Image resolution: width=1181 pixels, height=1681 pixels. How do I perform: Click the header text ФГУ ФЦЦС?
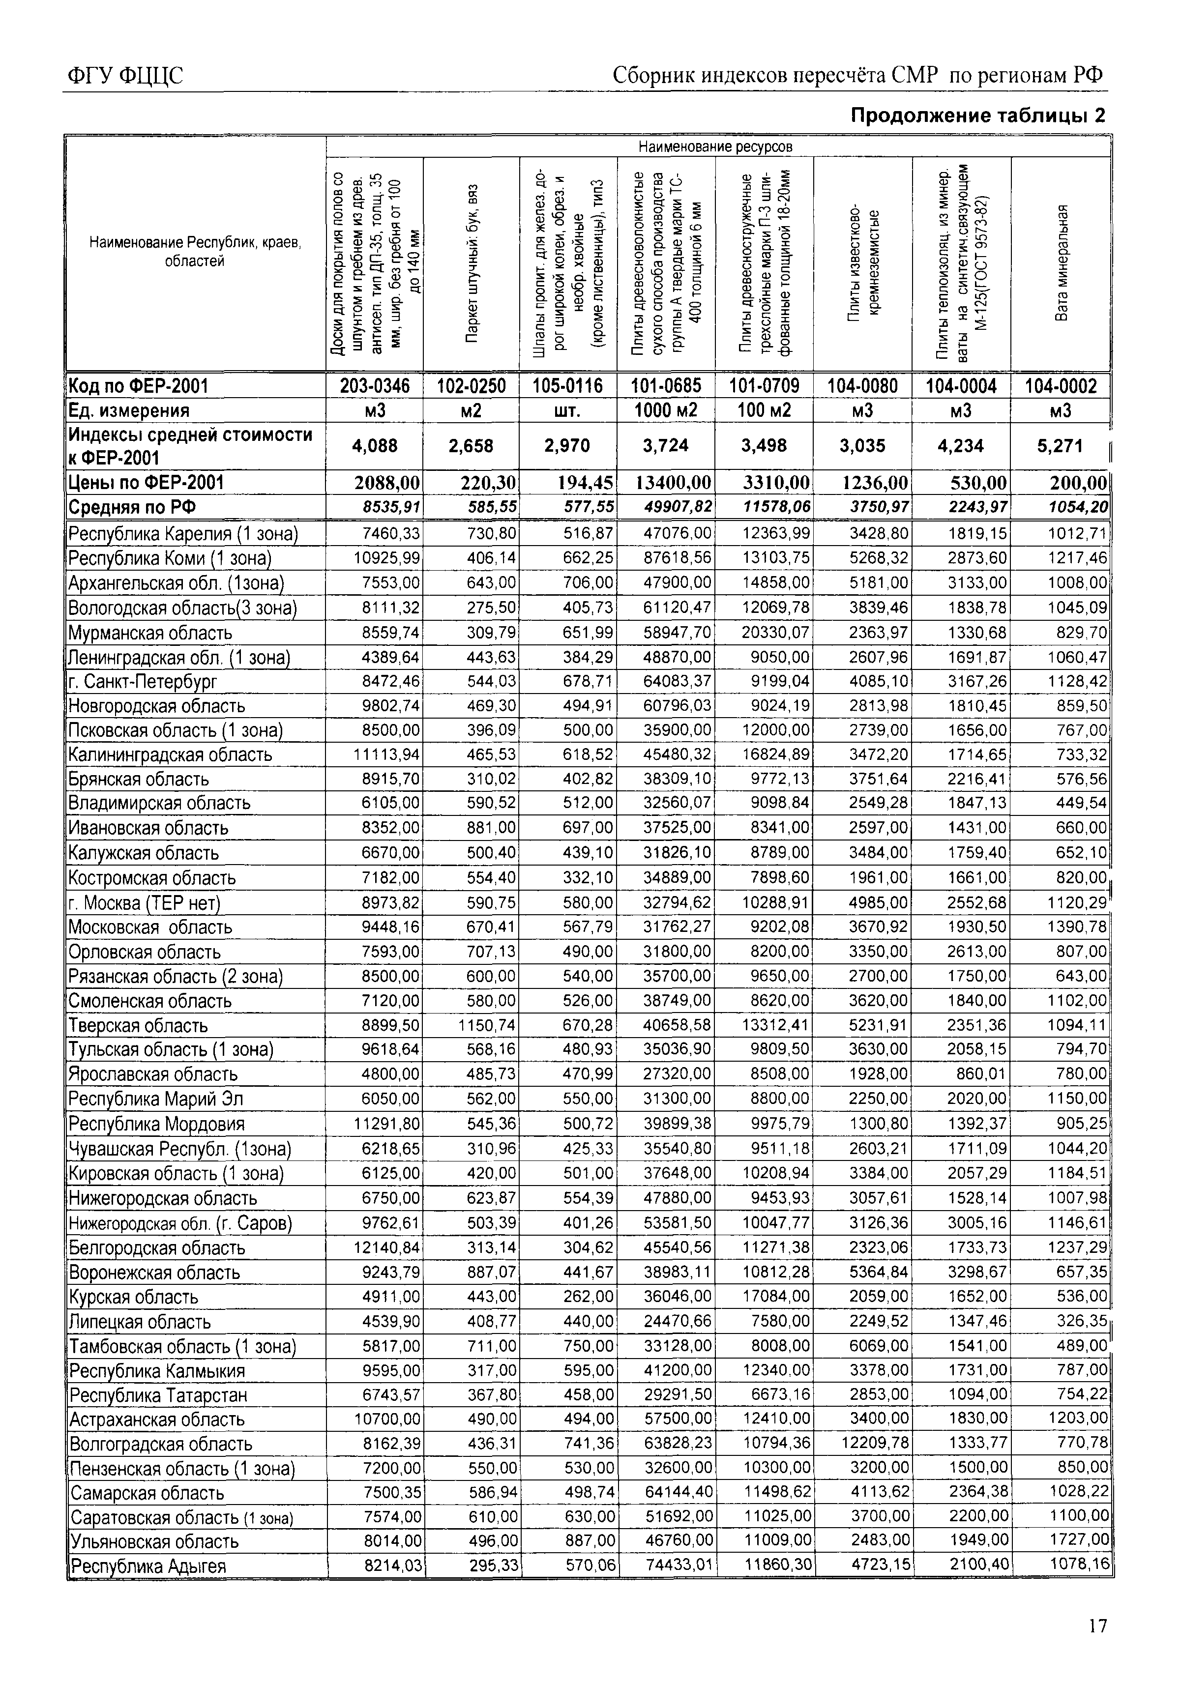tap(124, 75)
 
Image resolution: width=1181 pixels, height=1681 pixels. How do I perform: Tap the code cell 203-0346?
tap(375, 386)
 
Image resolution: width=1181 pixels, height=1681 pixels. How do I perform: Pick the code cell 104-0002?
tap(1061, 386)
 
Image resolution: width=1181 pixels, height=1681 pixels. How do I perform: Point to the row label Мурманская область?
tap(150, 633)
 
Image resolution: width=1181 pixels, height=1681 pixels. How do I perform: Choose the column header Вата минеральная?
tap(1062, 263)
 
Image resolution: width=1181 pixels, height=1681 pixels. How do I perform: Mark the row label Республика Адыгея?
tap(147, 1566)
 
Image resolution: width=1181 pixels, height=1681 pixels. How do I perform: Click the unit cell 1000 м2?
tap(666, 410)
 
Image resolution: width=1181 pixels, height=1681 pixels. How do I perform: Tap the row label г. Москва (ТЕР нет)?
tap(144, 903)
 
